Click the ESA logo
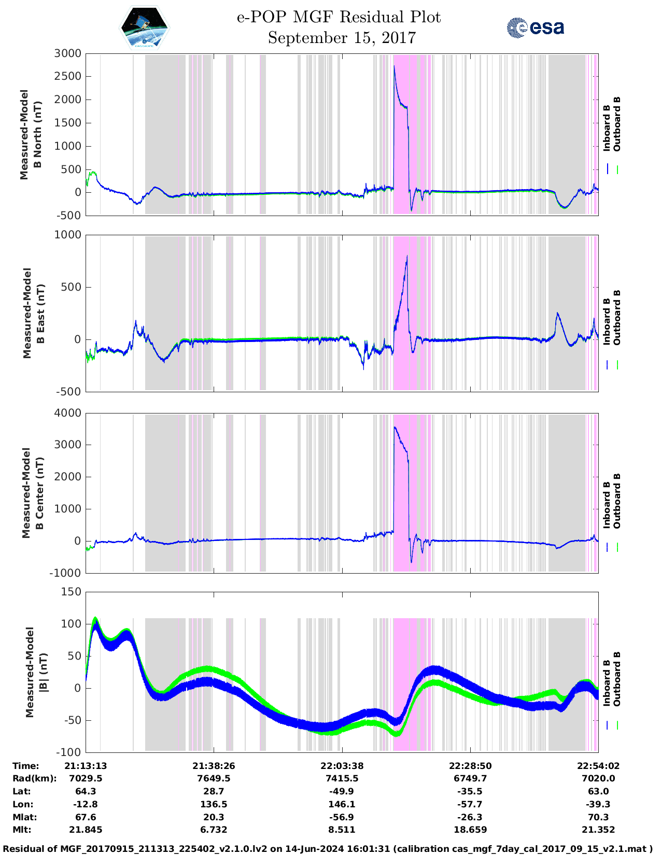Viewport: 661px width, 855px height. pyautogui.click(x=536, y=27)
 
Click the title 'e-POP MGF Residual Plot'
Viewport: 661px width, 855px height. pyautogui.click(x=339, y=17)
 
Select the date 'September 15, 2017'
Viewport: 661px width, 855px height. pyautogui.click(x=342, y=38)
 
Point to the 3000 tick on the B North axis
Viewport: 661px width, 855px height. pyautogui.click(x=68, y=53)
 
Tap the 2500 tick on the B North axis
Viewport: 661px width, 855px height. pyautogui.click(x=68, y=77)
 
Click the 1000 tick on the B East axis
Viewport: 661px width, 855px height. pyautogui.click(x=68, y=235)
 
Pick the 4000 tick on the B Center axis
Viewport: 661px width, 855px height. pyautogui.click(x=68, y=413)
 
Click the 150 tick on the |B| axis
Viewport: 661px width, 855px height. pyautogui.click(x=71, y=592)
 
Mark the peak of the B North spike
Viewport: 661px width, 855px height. pyautogui.click(x=395, y=66)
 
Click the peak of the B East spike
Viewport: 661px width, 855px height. pyautogui.click(x=407, y=256)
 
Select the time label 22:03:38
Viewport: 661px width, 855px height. pyautogui.click(x=342, y=766)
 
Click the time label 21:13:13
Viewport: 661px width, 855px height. pyautogui.click(x=86, y=766)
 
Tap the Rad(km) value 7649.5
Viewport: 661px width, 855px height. pyautogui.click(x=214, y=778)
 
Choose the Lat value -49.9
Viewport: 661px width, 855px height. pyautogui.click(x=342, y=791)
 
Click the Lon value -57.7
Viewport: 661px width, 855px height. pyautogui.click(x=470, y=804)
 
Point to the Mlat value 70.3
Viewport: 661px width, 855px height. pyautogui.click(x=598, y=817)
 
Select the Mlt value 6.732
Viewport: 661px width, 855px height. pyautogui.click(x=214, y=830)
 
